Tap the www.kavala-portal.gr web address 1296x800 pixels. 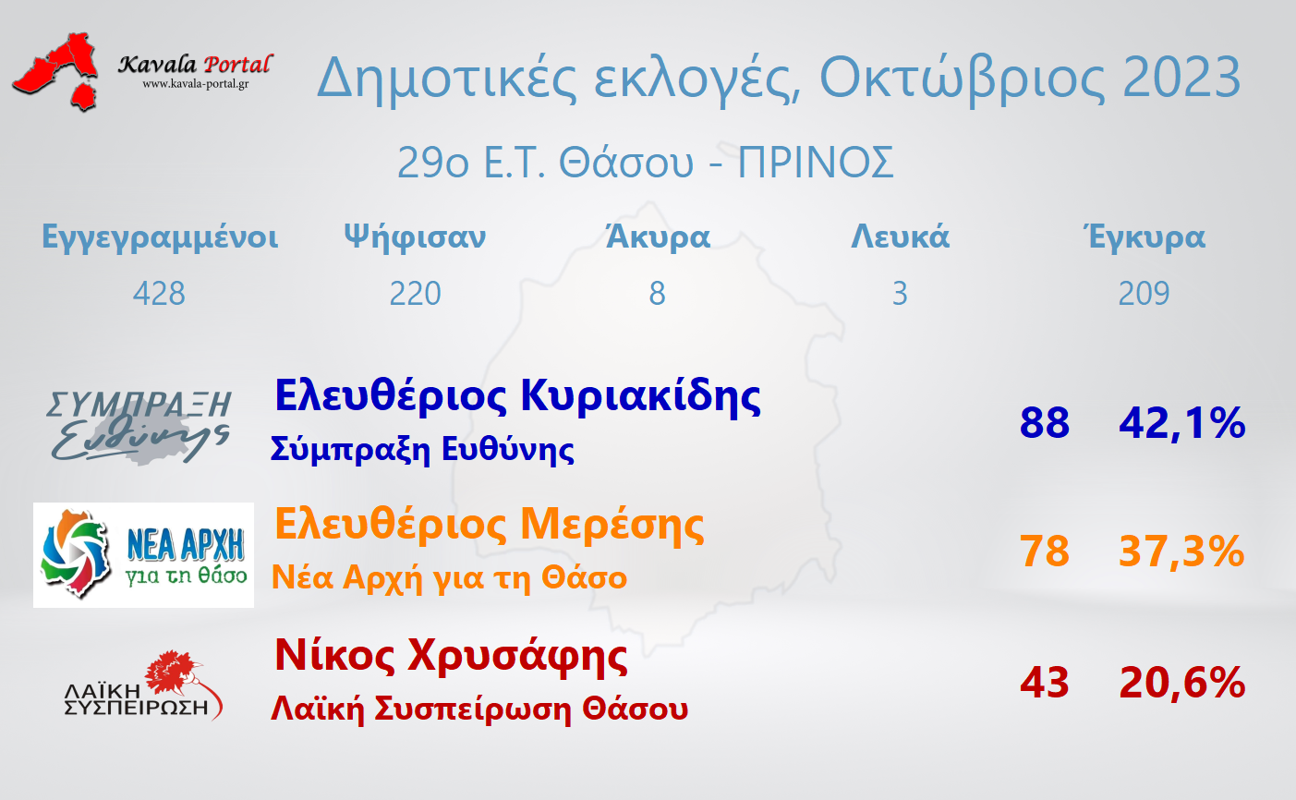196,84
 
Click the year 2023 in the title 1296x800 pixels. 1181,78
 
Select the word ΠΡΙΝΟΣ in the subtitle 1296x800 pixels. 816,163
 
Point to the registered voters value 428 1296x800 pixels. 159,293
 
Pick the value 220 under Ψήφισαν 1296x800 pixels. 415,293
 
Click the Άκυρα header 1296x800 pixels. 658,236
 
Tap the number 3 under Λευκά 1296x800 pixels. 900,293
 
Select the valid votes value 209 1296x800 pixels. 1144,293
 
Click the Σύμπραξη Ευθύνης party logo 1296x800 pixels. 139,427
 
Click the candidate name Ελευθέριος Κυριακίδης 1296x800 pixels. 517,397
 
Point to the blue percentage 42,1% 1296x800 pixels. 1182,423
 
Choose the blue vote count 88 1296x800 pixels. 1045,423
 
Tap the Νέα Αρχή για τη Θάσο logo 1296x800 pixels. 143,555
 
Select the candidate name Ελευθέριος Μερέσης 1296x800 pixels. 489,526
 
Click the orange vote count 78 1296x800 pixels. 1045,552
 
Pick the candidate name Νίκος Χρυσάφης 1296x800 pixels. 452,656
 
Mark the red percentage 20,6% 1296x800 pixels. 1182,684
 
